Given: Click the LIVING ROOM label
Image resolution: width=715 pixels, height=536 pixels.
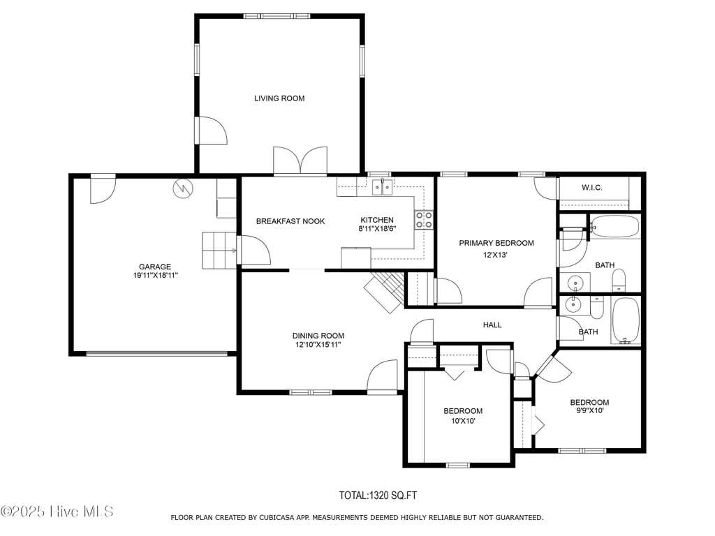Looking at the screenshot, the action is (x=279, y=98).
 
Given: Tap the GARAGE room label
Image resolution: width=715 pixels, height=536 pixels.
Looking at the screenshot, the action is (x=155, y=267).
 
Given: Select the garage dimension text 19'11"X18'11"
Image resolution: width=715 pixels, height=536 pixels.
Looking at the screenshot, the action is (x=155, y=275).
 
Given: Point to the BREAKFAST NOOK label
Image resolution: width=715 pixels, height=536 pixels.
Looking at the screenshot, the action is (x=290, y=221).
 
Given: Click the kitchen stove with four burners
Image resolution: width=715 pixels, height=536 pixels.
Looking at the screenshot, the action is (x=424, y=220).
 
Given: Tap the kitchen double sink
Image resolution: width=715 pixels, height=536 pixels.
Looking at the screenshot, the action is (x=382, y=187).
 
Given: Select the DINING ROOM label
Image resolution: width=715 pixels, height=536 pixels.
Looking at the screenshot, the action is (x=318, y=336).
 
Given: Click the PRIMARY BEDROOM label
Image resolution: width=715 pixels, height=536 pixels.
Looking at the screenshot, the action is (x=496, y=243).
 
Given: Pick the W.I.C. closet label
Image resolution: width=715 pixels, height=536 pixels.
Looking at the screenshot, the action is (x=592, y=187).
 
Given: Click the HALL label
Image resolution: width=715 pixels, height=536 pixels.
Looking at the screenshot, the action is (x=492, y=325).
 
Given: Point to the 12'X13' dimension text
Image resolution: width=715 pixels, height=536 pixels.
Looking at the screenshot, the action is (x=495, y=255).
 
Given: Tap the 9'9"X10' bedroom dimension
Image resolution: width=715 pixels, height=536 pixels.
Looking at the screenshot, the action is (x=589, y=410).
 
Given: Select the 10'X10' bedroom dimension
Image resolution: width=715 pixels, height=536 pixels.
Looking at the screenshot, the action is (x=464, y=421).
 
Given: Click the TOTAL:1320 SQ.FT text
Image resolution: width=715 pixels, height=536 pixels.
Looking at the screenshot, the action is (x=378, y=496).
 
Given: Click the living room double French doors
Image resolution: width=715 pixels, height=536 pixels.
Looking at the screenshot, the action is (x=300, y=161).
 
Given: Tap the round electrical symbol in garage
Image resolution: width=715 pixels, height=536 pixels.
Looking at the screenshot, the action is (x=184, y=187).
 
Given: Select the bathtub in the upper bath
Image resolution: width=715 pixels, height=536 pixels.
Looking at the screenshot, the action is (x=615, y=227).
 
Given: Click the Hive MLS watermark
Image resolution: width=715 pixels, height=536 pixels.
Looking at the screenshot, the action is (x=57, y=512).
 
